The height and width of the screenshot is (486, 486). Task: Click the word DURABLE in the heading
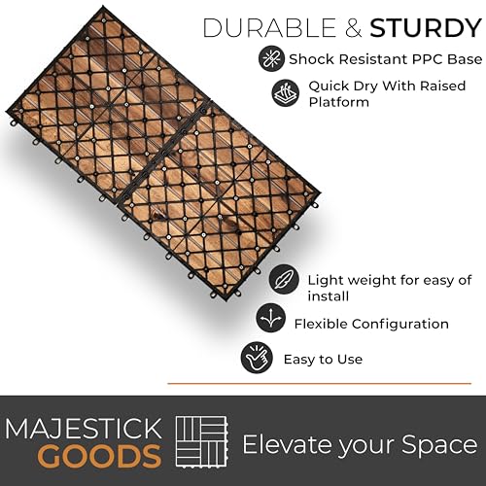[x=269, y=28]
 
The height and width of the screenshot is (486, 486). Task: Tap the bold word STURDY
[x=426, y=28]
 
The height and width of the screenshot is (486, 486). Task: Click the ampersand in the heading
[x=353, y=28]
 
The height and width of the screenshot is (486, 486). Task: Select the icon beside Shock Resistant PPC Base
[x=271, y=58]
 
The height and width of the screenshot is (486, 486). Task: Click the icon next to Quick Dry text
[x=285, y=93]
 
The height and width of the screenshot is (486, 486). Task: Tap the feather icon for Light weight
[x=284, y=279]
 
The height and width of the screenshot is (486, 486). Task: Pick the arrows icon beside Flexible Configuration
[x=270, y=319]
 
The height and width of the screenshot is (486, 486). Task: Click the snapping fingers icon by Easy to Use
[x=256, y=358]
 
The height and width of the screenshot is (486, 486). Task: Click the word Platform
[x=338, y=102]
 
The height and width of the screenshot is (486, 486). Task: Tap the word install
[x=329, y=296]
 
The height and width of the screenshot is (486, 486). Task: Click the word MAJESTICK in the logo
[x=84, y=429]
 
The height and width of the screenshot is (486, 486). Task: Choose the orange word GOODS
[x=100, y=456]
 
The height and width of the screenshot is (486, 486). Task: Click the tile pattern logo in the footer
[x=202, y=441]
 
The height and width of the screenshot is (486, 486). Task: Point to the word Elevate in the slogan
[x=286, y=444]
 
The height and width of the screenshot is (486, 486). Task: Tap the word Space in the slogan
[x=439, y=446]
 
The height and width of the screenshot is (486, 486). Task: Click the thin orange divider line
[x=319, y=384]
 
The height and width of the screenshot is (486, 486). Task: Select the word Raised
[x=443, y=86]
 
